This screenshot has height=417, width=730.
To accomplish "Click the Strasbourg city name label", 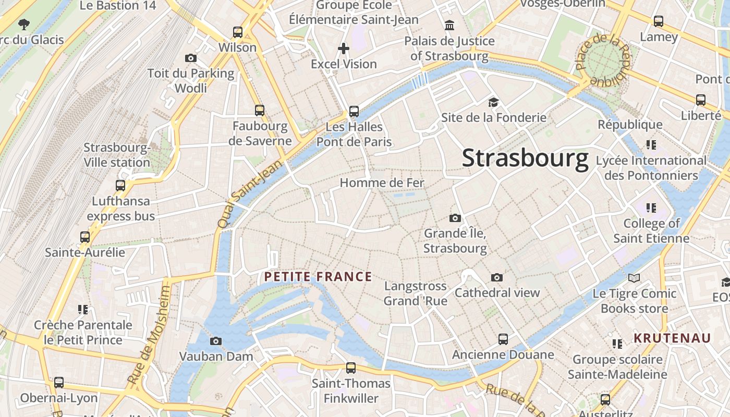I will (x=525, y=158).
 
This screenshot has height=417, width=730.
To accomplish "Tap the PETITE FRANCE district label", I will (x=318, y=277).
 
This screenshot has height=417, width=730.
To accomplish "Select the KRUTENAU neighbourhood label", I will (x=672, y=338).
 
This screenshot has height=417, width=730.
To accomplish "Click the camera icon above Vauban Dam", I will (x=215, y=341).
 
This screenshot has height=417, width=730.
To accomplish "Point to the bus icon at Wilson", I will (x=238, y=32).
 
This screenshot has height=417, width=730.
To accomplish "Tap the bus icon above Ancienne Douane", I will (x=503, y=339).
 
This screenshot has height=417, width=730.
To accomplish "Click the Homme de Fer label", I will (x=382, y=183).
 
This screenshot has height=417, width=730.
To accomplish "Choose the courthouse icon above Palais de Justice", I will (x=449, y=25).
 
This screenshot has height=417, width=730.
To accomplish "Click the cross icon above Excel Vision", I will (x=344, y=48).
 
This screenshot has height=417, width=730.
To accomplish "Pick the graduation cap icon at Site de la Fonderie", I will (x=493, y=102).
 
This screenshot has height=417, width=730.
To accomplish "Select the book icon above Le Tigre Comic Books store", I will (x=634, y=278).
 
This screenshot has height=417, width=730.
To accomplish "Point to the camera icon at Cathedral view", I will (x=497, y=277).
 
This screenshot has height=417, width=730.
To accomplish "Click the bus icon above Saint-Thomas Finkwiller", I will (x=351, y=368).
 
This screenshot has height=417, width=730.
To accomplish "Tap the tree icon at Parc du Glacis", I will (x=23, y=24).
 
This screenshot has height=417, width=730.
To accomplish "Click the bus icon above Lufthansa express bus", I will (x=120, y=186).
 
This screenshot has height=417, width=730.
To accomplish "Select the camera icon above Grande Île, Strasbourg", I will (x=455, y=218).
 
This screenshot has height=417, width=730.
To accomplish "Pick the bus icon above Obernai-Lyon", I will (x=59, y=383).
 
